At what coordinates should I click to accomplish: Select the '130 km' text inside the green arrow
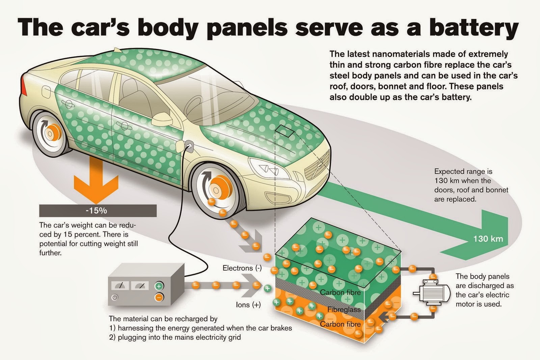coord(488,239)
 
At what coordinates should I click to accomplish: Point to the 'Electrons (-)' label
coord(242,268)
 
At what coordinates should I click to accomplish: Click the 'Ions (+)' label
coord(248,305)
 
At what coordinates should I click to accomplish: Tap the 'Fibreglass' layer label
coord(344,309)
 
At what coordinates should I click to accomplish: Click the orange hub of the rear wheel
coord(52,133)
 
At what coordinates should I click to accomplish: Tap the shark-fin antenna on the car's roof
coord(118,50)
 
